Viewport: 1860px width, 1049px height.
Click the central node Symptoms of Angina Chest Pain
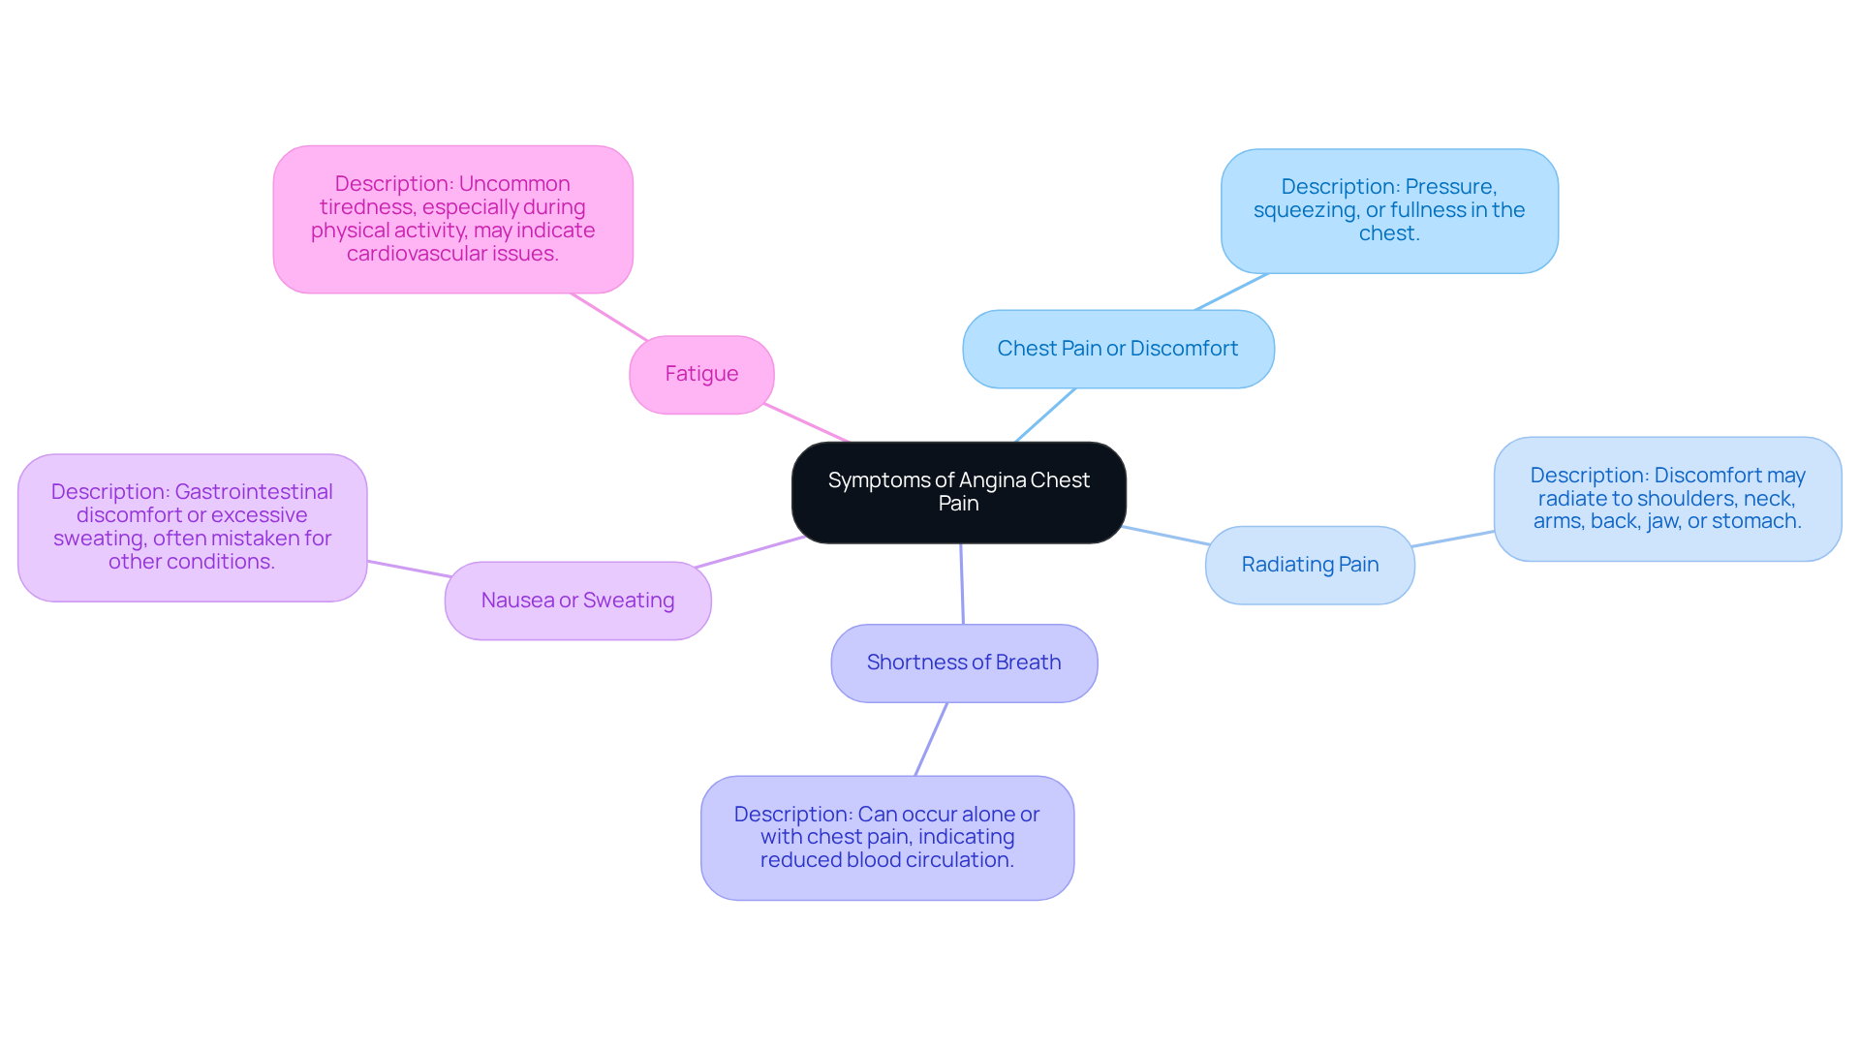tap(958, 493)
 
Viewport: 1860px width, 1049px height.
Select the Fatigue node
tap(701, 375)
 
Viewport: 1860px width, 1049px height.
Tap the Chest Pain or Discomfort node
tap(1118, 349)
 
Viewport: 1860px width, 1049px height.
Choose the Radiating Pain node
tap(1310, 565)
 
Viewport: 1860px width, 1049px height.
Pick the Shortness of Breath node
tap(964, 663)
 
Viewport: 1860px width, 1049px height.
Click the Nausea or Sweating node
tap(577, 601)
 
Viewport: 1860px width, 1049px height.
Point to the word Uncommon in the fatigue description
tap(514, 184)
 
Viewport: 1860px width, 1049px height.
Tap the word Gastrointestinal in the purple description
tap(254, 492)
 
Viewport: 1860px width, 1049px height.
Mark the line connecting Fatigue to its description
tap(609, 317)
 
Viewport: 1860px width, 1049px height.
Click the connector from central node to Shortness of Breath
tap(962, 584)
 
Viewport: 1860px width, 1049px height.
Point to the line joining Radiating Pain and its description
tap(1453, 539)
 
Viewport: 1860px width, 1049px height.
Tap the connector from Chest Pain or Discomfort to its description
tap(1231, 292)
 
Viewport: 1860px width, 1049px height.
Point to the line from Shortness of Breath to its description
tap(931, 739)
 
